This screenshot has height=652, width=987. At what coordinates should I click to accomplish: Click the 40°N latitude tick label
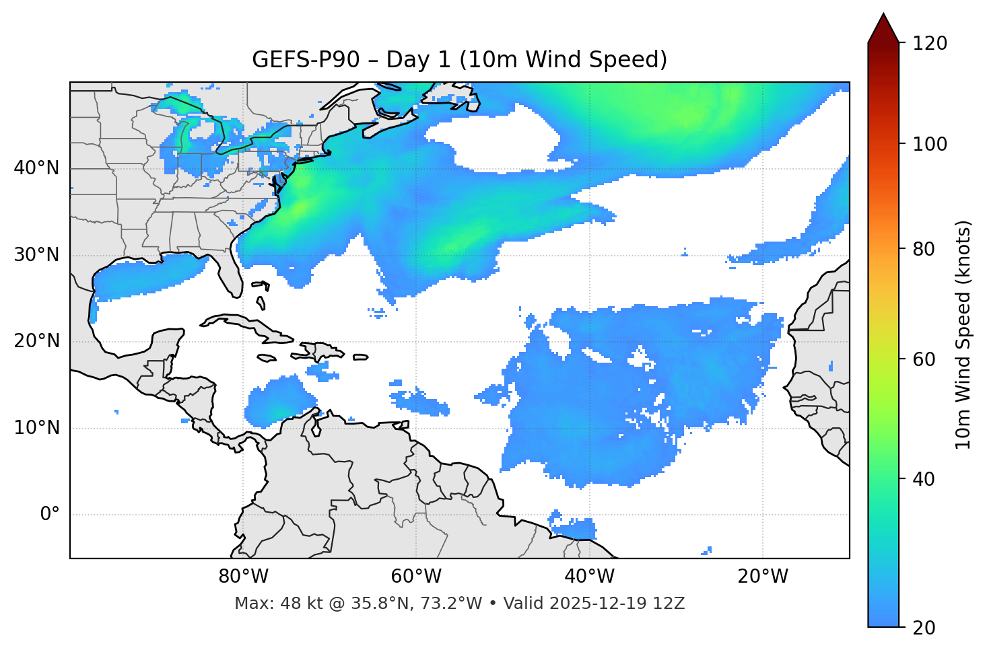click(x=36, y=168)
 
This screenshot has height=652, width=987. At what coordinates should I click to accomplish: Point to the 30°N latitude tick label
click(x=36, y=255)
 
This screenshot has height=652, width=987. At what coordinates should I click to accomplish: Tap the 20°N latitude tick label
click(x=36, y=341)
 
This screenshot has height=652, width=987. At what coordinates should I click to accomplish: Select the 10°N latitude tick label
click(x=36, y=428)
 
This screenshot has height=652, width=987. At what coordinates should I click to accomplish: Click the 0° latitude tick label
click(x=50, y=515)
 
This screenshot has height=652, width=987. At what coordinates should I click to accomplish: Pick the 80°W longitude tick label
click(x=243, y=577)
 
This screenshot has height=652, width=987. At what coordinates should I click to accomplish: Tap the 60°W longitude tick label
click(x=416, y=577)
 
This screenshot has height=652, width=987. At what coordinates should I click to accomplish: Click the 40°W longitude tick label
click(x=589, y=577)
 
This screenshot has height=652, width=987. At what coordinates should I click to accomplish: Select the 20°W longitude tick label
click(x=762, y=577)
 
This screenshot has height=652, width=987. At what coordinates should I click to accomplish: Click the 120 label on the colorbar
click(x=930, y=44)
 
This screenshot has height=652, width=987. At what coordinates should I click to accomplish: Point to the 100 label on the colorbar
click(x=930, y=144)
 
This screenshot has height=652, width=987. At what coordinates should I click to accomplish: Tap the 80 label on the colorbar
click(x=925, y=249)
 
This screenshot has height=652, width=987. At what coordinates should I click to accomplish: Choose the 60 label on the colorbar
click(x=925, y=359)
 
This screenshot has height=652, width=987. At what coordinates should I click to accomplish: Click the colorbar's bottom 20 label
click(x=925, y=628)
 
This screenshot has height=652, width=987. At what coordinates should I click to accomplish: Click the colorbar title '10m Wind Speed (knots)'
click(x=963, y=334)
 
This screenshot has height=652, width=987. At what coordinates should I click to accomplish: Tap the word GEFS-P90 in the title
click(x=296, y=60)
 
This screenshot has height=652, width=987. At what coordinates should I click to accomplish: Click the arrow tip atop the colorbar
click(x=883, y=15)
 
